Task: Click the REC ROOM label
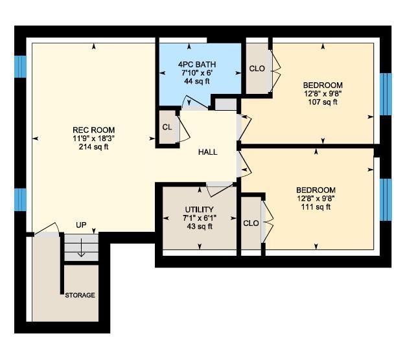tap(94, 130)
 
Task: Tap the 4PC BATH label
tap(197, 64)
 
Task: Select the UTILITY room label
tap(199, 210)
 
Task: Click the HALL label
tap(208, 152)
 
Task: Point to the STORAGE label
tap(80, 295)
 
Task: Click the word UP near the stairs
tap(81, 225)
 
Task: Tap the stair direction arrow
tap(81, 247)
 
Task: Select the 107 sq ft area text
tap(323, 102)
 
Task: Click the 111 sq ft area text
tap(316, 207)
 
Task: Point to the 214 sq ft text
tap(94, 146)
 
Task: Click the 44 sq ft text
tap(197, 81)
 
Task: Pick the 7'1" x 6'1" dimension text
tap(199, 218)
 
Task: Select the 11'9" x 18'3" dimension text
tap(94, 139)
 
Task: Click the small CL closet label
tap(167, 128)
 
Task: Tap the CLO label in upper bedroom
tap(257, 69)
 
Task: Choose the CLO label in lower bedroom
tap(251, 223)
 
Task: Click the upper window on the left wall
tap(21, 67)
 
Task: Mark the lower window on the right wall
tap(386, 199)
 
